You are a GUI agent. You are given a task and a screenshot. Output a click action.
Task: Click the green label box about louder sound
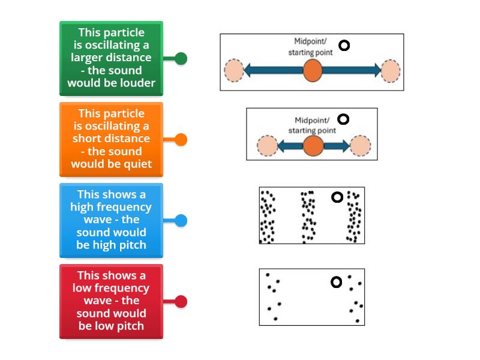[x=111, y=58]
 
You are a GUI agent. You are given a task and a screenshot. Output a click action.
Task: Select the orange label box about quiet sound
[x=111, y=139]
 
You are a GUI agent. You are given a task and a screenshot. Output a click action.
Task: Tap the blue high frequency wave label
[x=111, y=220]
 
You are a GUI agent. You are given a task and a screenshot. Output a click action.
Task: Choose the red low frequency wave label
[x=111, y=301]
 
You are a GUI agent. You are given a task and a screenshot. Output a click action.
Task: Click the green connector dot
[x=181, y=59]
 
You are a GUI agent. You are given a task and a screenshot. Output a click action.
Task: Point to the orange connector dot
[x=181, y=140]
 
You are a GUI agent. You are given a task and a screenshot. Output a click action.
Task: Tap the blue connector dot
[x=181, y=221]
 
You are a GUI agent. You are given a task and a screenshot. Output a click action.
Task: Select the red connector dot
[x=181, y=302]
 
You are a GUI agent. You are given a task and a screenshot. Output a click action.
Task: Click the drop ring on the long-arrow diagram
[x=344, y=45]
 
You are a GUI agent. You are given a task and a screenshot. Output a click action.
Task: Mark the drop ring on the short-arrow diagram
[x=343, y=119]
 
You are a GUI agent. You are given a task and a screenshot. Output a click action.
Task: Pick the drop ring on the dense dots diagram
[x=337, y=197]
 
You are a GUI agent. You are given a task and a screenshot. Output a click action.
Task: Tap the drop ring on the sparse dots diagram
[x=337, y=282]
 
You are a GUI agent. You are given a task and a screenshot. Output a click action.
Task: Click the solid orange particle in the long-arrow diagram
[x=312, y=70]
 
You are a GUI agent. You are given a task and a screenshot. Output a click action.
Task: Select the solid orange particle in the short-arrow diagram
[x=312, y=145]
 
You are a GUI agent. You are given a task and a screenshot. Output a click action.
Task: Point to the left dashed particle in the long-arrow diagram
[x=234, y=70]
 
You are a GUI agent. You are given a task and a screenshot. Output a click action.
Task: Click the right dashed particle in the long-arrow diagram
[x=391, y=70]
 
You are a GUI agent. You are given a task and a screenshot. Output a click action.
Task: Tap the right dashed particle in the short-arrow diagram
[x=360, y=145]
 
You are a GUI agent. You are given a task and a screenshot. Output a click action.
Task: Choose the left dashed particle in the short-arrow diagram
[x=267, y=145]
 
